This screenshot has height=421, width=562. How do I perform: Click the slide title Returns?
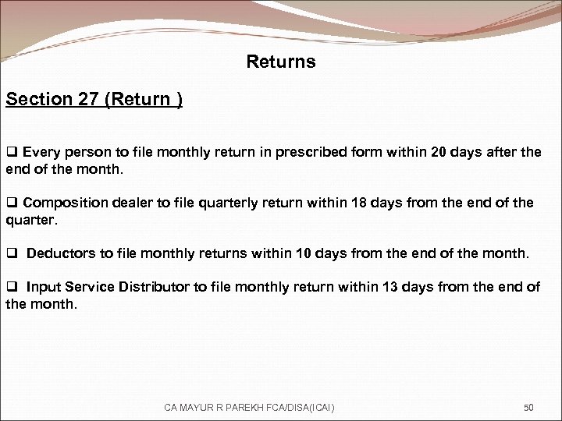pos(281,62)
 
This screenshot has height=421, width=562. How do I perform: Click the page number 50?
pos(528,407)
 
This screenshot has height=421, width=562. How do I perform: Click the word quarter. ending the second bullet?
pos(32,220)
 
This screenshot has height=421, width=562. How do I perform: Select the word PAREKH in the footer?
pos(241,407)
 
